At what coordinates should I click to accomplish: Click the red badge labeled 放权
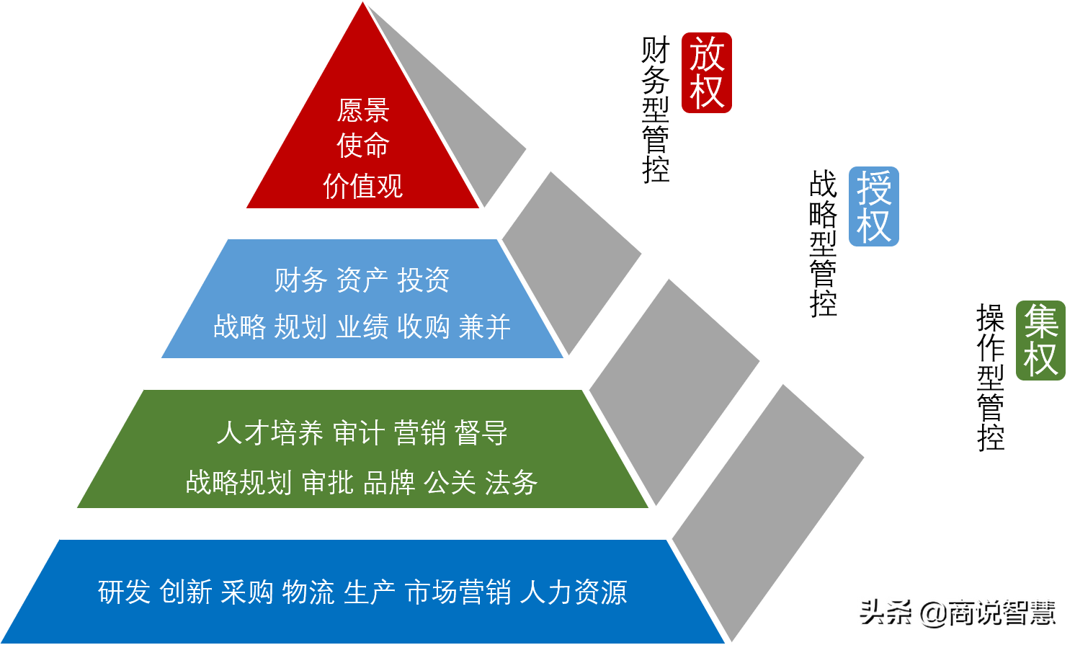[x=706, y=73]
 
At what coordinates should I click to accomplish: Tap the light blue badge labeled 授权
[x=873, y=206]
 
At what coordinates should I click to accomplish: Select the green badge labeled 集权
[x=1040, y=341]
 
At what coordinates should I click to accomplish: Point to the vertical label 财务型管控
[x=656, y=110]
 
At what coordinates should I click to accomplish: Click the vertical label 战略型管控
[x=823, y=244]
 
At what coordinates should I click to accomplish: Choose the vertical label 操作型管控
[x=991, y=377]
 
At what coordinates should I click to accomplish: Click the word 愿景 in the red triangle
[x=363, y=110]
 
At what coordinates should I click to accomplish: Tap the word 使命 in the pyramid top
[x=363, y=146]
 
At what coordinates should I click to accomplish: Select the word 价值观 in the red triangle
[x=363, y=186]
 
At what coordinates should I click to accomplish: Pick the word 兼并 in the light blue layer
[x=485, y=326]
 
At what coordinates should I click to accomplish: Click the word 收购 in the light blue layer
[x=423, y=326]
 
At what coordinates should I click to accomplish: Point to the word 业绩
[x=362, y=326]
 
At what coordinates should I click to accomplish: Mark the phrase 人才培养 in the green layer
[x=269, y=432]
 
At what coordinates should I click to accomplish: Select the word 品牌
[x=389, y=482]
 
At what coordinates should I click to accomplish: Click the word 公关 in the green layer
[x=450, y=482]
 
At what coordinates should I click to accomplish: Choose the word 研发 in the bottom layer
[x=124, y=592]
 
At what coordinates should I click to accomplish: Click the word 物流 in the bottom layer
[x=308, y=592]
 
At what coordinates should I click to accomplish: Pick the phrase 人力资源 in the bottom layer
[x=574, y=592]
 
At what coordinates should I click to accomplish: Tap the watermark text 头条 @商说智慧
[x=958, y=613]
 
